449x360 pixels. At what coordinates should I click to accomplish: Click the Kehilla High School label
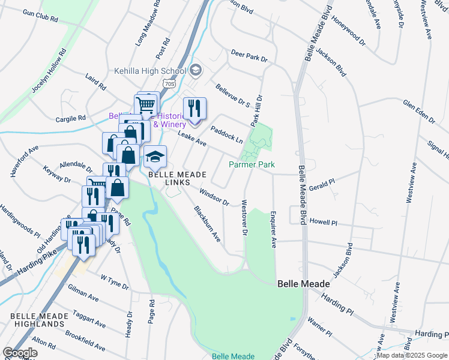tap(150, 71)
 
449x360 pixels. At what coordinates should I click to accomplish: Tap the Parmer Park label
tap(252, 164)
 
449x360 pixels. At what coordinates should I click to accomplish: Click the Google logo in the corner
tap(20, 353)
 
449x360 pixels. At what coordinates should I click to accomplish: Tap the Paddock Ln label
tap(226, 134)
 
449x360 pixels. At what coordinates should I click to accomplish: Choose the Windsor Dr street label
tap(214, 196)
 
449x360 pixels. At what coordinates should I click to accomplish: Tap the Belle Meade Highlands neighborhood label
tap(37, 320)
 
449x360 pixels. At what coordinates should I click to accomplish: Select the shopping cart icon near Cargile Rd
tap(146, 105)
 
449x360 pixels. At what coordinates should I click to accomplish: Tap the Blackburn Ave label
tap(207, 224)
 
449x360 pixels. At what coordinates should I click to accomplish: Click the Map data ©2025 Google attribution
tap(412, 355)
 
